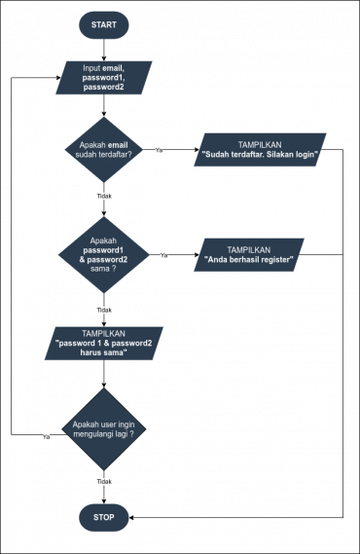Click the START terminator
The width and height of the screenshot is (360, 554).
click(103, 24)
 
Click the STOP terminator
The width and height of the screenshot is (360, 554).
click(103, 518)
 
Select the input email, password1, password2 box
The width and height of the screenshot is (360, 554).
click(103, 78)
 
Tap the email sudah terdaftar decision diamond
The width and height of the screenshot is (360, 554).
click(103, 149)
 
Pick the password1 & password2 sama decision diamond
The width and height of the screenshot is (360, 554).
click(103, 254)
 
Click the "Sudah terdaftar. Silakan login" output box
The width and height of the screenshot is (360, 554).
click(260, 149)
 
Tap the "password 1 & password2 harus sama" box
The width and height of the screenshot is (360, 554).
click(103, 344)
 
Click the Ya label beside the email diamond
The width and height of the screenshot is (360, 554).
click(160, 150)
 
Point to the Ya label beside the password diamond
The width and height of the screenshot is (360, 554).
click(163, 255)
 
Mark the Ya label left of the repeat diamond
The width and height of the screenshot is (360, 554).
click(46, 437)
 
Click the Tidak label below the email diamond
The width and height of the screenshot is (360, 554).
click(104, 196)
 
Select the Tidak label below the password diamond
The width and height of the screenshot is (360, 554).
click(104, 311)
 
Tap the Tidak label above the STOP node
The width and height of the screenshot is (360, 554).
click(104, 482)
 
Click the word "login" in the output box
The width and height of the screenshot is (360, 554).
click(305, 155)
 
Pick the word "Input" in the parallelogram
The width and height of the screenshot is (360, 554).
click(92, 68)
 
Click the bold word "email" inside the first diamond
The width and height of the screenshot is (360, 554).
click(118, 144)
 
